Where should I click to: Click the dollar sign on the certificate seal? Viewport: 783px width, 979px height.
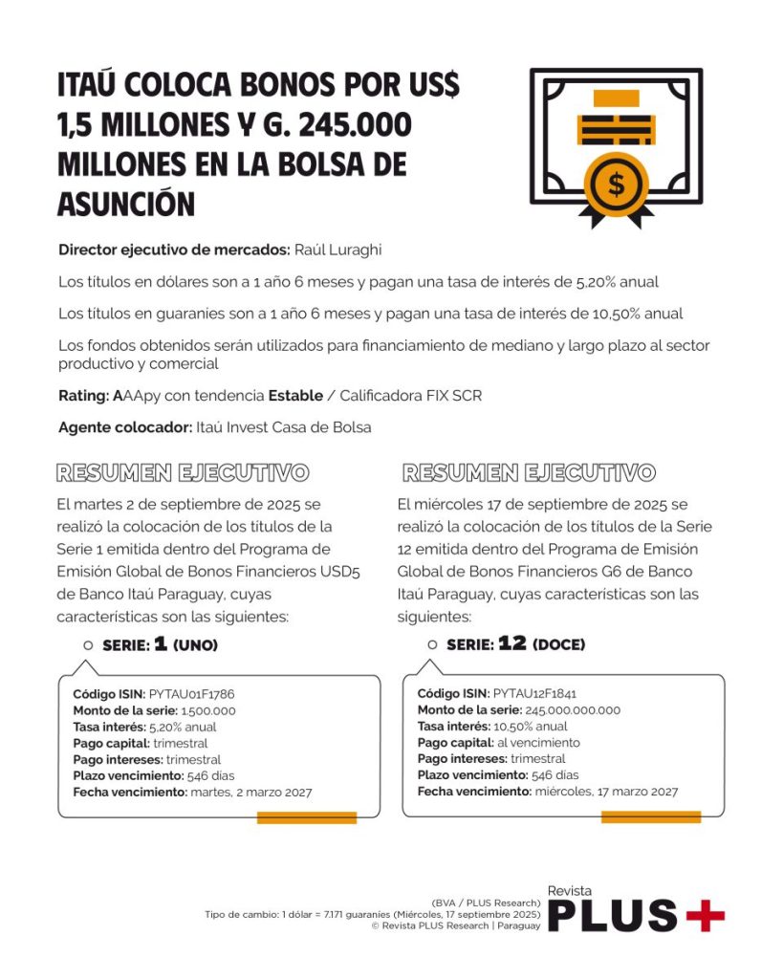point(616,185)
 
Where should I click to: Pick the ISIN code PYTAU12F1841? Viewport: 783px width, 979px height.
point(534,694)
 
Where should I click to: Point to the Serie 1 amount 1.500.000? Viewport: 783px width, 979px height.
point(208,710)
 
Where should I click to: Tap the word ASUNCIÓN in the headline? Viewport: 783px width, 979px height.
point(126,203)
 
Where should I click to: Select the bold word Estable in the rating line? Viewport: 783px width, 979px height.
point(295,395)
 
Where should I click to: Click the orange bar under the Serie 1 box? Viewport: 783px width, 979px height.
point(306,817)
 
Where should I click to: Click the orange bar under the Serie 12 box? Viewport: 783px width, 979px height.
point(650,817)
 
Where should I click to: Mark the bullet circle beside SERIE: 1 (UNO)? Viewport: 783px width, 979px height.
point(88,645)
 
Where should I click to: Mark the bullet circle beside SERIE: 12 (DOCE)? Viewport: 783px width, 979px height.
point(432,645)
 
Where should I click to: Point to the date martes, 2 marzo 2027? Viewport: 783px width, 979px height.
point(251,792)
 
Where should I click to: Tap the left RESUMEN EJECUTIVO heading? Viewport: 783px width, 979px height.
point(182,472)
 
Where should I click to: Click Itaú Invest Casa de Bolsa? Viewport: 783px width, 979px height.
point(284,427)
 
